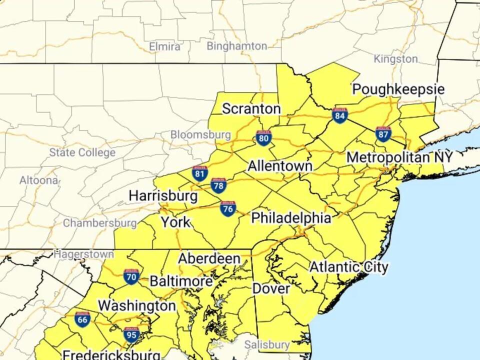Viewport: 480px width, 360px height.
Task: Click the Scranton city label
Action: coord(251,108)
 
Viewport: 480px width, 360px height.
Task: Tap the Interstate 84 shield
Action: coord(340,115)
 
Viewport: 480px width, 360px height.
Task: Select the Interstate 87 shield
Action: coord(383,133)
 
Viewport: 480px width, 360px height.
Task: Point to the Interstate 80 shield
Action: coord(263,137)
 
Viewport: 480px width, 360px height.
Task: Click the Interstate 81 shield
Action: coord(199,173)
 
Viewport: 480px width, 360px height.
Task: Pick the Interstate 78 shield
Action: coord(218,185)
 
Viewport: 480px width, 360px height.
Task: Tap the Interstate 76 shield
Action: coord(228,208)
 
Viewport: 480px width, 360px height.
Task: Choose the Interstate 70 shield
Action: coord(131,276)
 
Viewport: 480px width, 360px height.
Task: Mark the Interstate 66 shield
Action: coord(82,319)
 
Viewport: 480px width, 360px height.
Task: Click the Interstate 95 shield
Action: coord(131,334)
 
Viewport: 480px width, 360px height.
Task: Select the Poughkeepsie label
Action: coord(398,89)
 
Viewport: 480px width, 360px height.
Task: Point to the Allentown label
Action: coord(280,166)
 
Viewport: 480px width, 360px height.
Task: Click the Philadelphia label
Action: coord(291,218)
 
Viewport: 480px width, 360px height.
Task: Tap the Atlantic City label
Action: coord(348,267)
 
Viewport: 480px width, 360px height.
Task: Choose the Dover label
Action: coord(271,289)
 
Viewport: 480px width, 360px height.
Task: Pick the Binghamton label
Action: coord(237,46)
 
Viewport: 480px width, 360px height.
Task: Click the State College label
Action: coord(82,152)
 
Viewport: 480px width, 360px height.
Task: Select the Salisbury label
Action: coord(267,344)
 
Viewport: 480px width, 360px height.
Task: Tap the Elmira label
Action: coord(165,46)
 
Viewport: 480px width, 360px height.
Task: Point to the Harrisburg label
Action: coord(163,195)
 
